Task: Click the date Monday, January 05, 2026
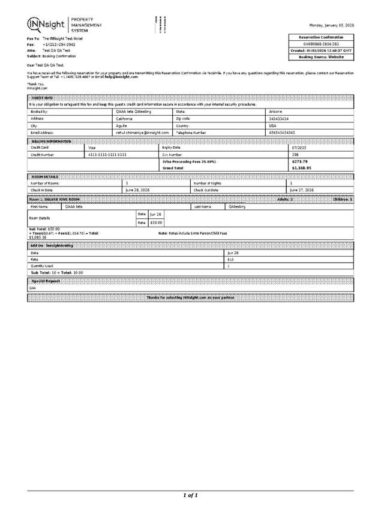click(331, 25)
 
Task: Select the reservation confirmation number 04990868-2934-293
click(321, 44)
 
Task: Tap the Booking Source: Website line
click(321, 57)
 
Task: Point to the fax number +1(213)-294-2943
click(59, 44)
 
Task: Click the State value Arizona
click(277, 112)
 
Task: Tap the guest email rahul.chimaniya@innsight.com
click(142, 133)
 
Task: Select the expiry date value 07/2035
click(299, 147)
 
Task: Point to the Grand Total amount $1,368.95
click(301, 169)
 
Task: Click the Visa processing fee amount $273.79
click(299, 162)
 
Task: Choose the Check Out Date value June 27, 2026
click(302, 190)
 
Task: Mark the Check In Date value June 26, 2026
click(137, 190)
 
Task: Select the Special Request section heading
click(44, 281)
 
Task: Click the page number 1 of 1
click(190, 495)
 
